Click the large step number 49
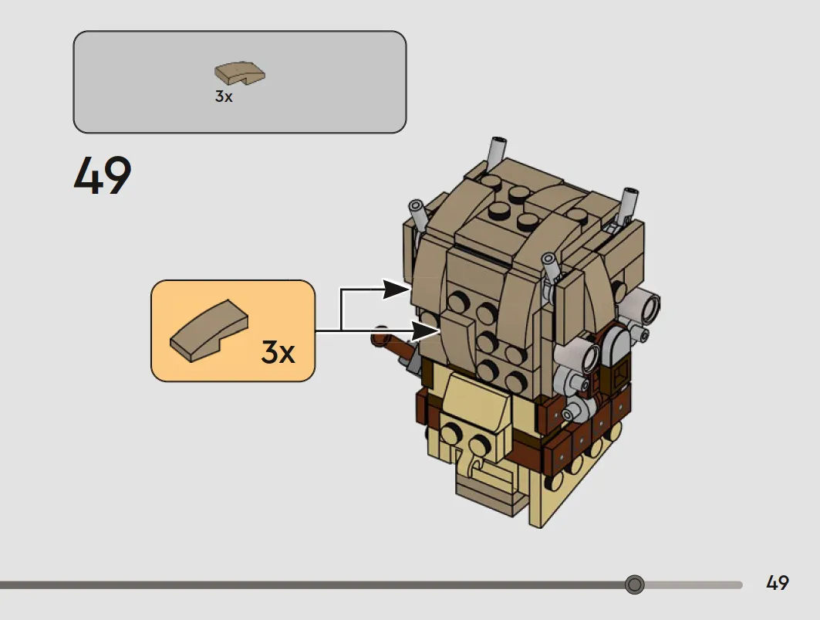tap(103, 175)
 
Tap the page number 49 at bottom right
tap(777, 583)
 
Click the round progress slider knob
tap(634, 584)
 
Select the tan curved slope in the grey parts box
tap(239, 73)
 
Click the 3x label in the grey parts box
tap(224, 97)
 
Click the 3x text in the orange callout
tap(278, 352)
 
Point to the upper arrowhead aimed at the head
tap(396, 289)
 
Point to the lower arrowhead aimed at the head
tap(427, 331)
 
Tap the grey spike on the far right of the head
tap(627, 205)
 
